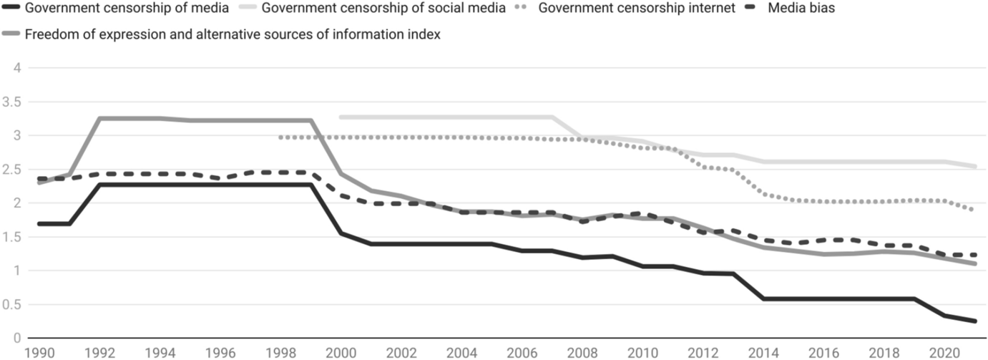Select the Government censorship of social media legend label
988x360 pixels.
click(x=383, y=9)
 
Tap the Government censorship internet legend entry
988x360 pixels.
click(x=637, y=9)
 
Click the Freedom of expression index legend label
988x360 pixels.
click(x=232, y=34)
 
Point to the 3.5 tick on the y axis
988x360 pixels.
click(x=13, y=102)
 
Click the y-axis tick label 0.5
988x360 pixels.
click(x=13, y=305)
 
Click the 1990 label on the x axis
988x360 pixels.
click(x=39, y=352)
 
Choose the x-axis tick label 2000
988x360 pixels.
click(x=341, y=352)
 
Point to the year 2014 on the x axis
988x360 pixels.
click(x=763, y=352)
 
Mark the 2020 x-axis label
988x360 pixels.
click(x=944, y=352)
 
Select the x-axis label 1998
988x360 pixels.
click(x=280, y=352)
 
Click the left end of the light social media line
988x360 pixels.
click(x=341, y=117)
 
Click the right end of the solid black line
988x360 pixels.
click(x=974, y=321)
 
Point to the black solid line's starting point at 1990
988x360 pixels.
click(x=39, y=224)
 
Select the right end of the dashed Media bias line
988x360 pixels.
click(x=974, y=255)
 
